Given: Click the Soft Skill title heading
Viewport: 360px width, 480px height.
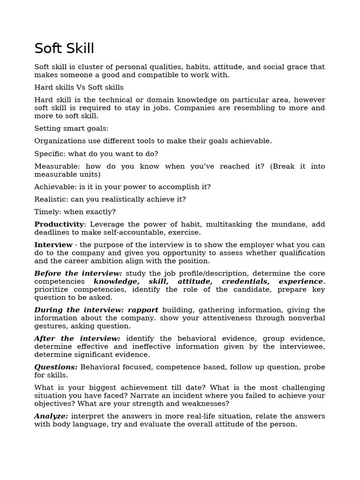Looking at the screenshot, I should click(x=64, y=48).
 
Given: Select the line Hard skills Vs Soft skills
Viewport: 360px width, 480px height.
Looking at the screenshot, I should click(x=79, y=87).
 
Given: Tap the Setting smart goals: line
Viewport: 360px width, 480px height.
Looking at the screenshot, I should click(x=71, y=128).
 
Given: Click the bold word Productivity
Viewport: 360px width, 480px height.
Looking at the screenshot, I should click(x=59, y=225).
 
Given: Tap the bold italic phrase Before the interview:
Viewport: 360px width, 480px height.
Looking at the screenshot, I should click(x=78, y=273).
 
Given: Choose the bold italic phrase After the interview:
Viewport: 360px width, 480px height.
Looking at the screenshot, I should click(x=77, y=338).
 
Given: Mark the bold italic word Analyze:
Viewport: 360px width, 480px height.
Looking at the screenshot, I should click(x=51, y=416).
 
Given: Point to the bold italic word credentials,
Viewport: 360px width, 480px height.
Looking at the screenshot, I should click(x=245, y=281).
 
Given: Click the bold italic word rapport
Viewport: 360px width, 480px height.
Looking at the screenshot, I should click(x=143, y=310).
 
